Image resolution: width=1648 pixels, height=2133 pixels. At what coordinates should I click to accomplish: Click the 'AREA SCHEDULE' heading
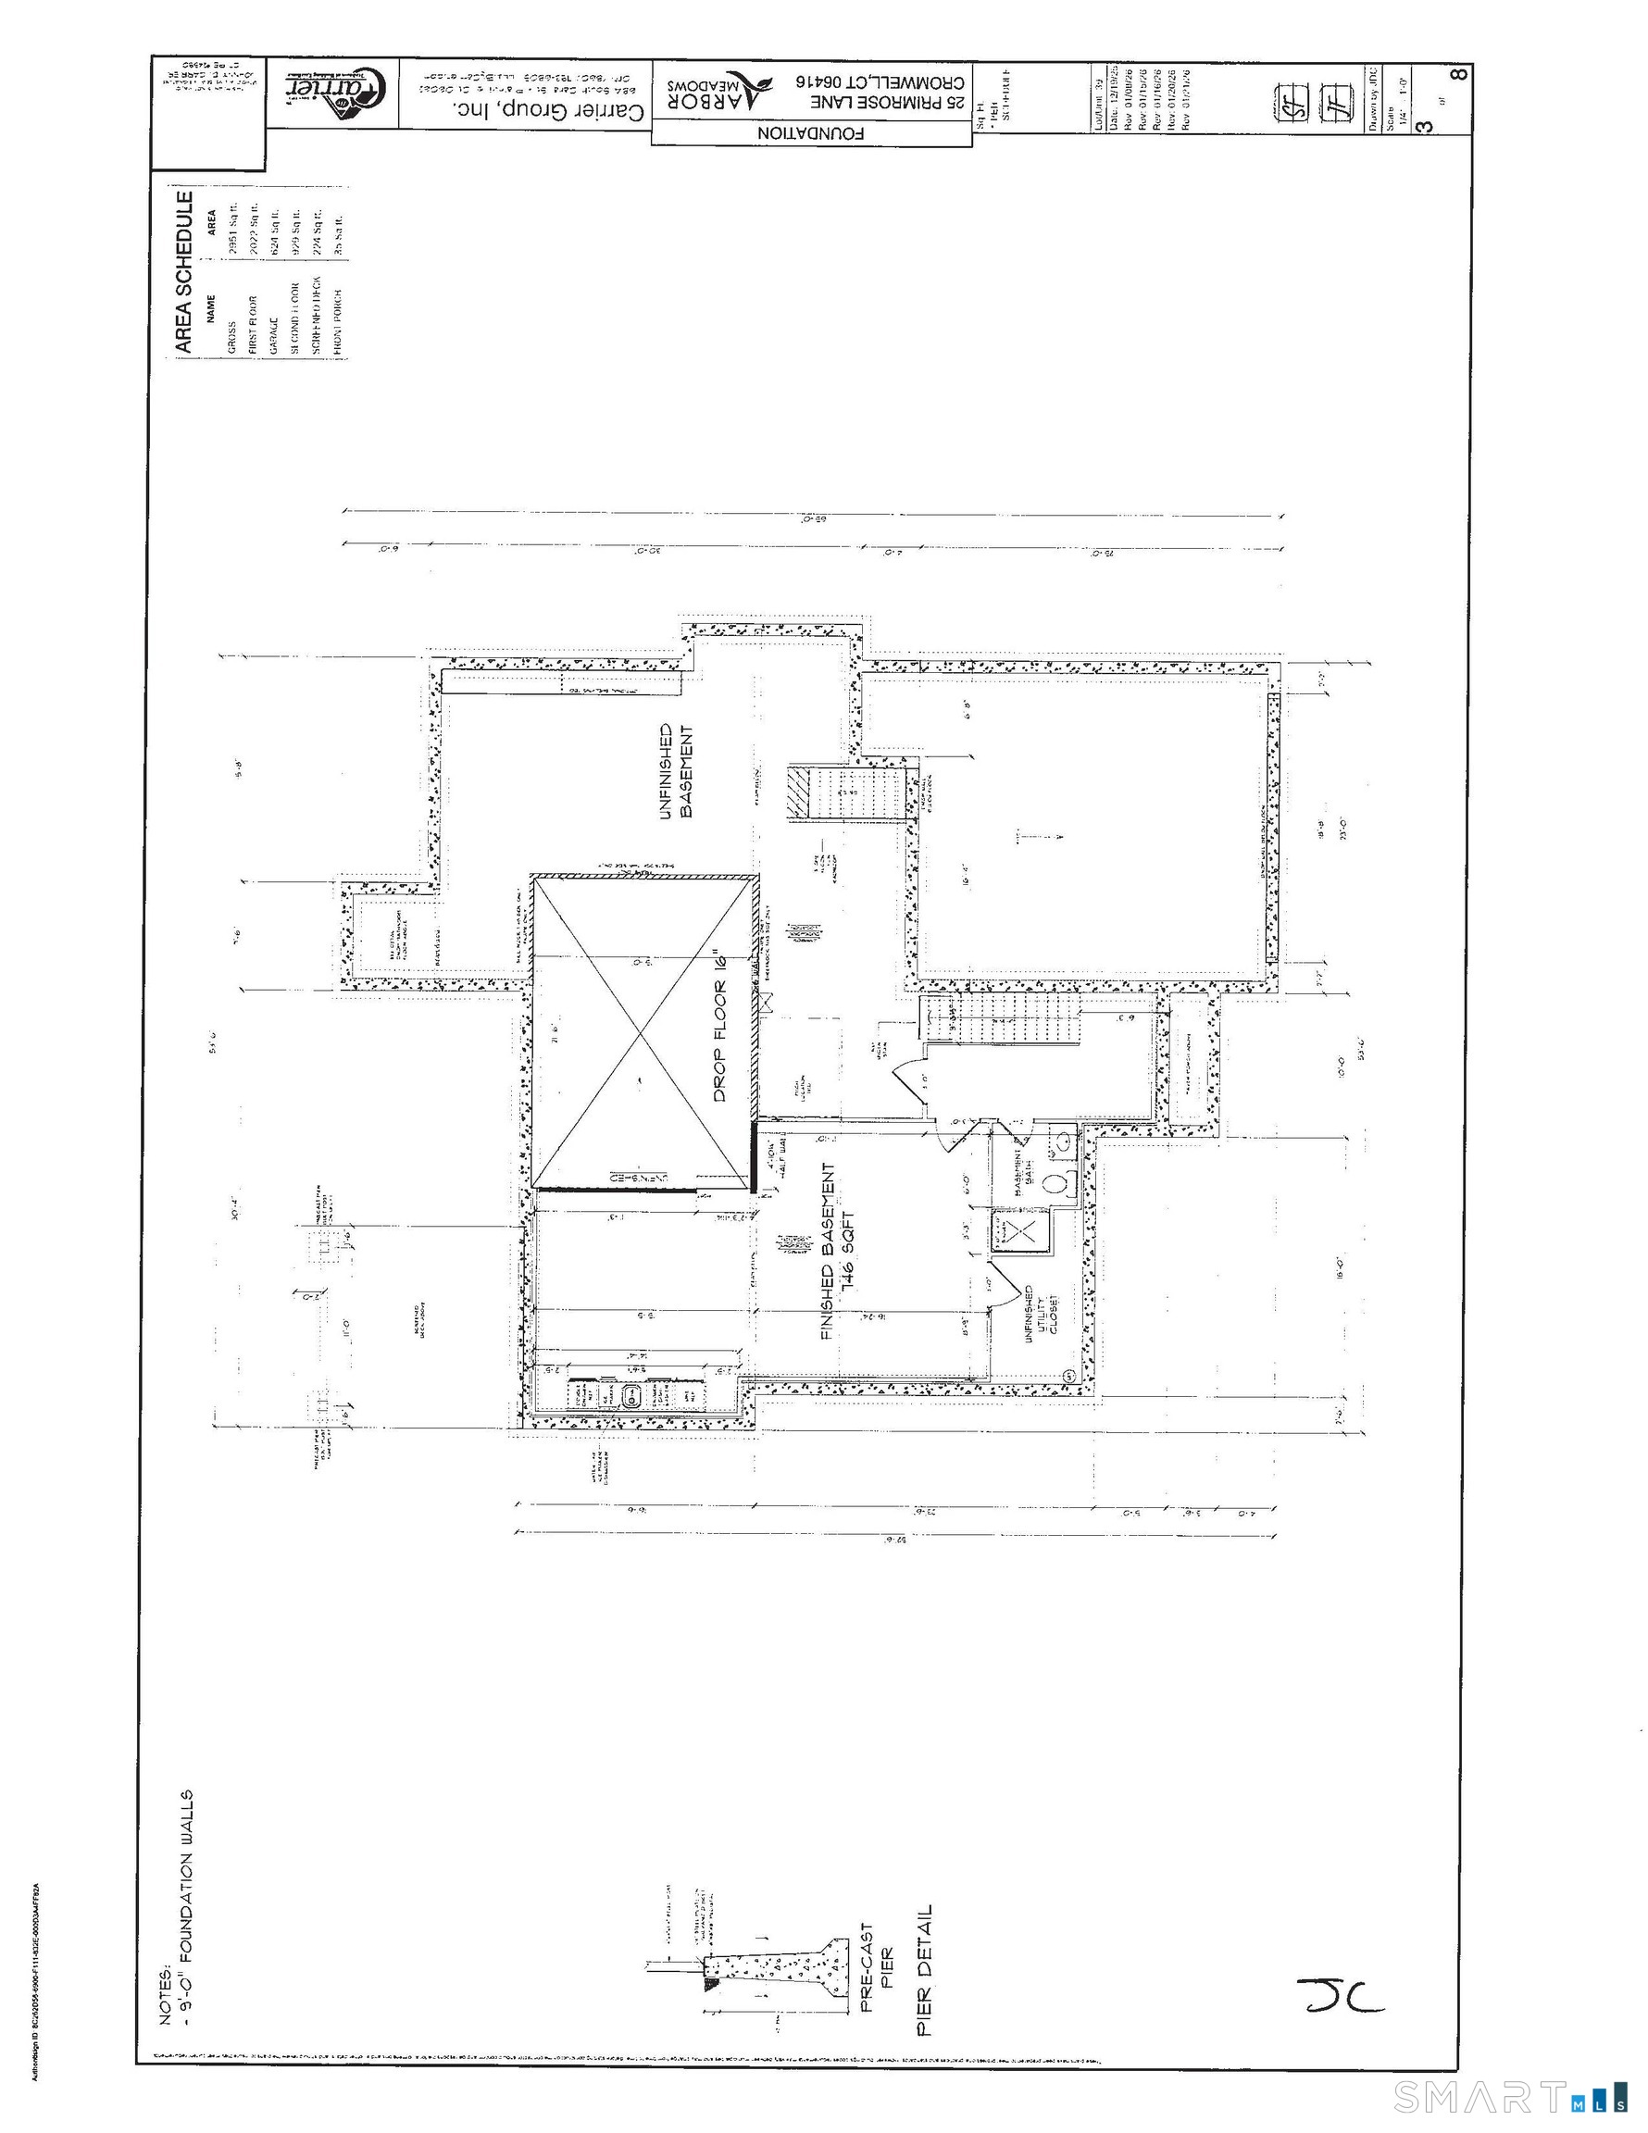183,270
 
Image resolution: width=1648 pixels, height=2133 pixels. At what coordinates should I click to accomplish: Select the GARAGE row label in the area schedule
273,335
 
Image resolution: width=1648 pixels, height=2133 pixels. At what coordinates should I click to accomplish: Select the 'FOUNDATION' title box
811,132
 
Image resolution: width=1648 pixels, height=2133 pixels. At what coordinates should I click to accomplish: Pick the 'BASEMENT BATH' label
1022,1172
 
